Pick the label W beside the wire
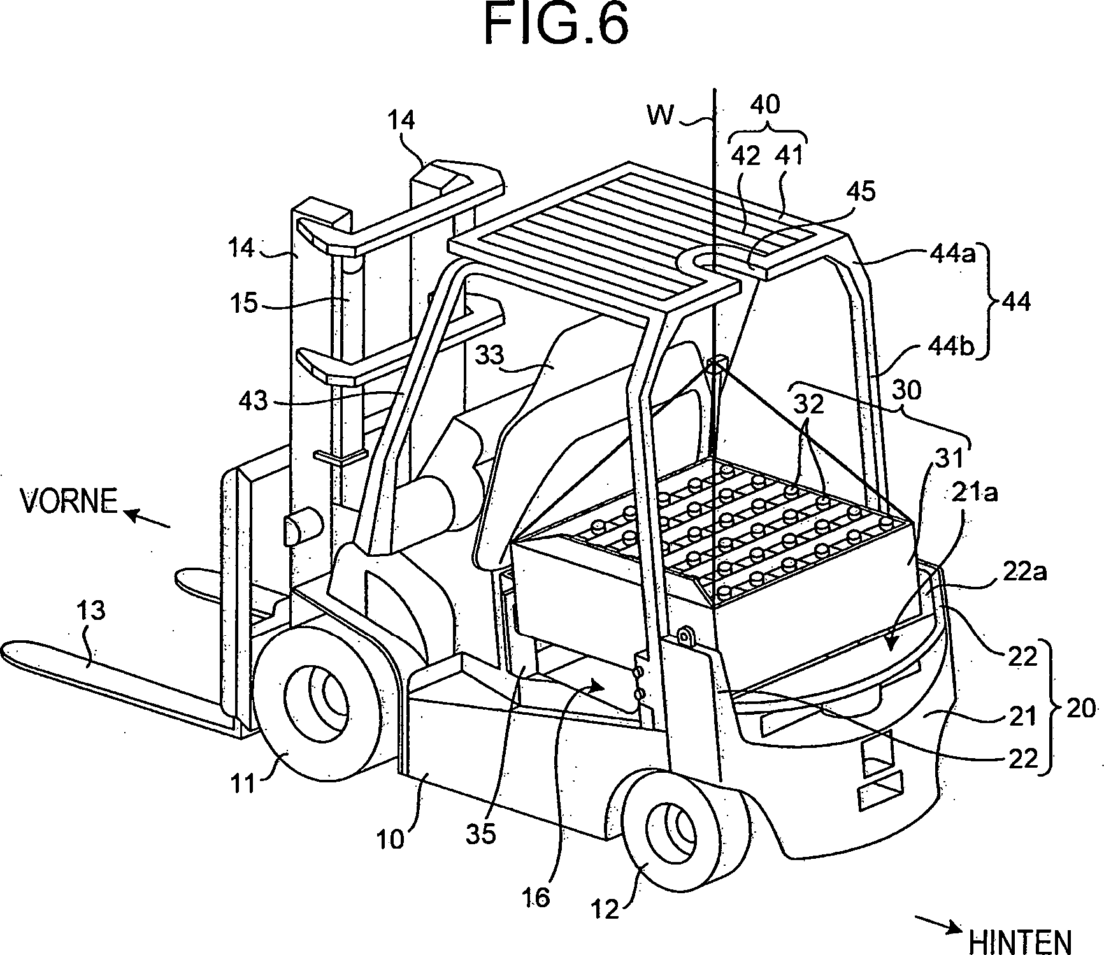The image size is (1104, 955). [661, 116]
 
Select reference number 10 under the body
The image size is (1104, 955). [392, 840]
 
